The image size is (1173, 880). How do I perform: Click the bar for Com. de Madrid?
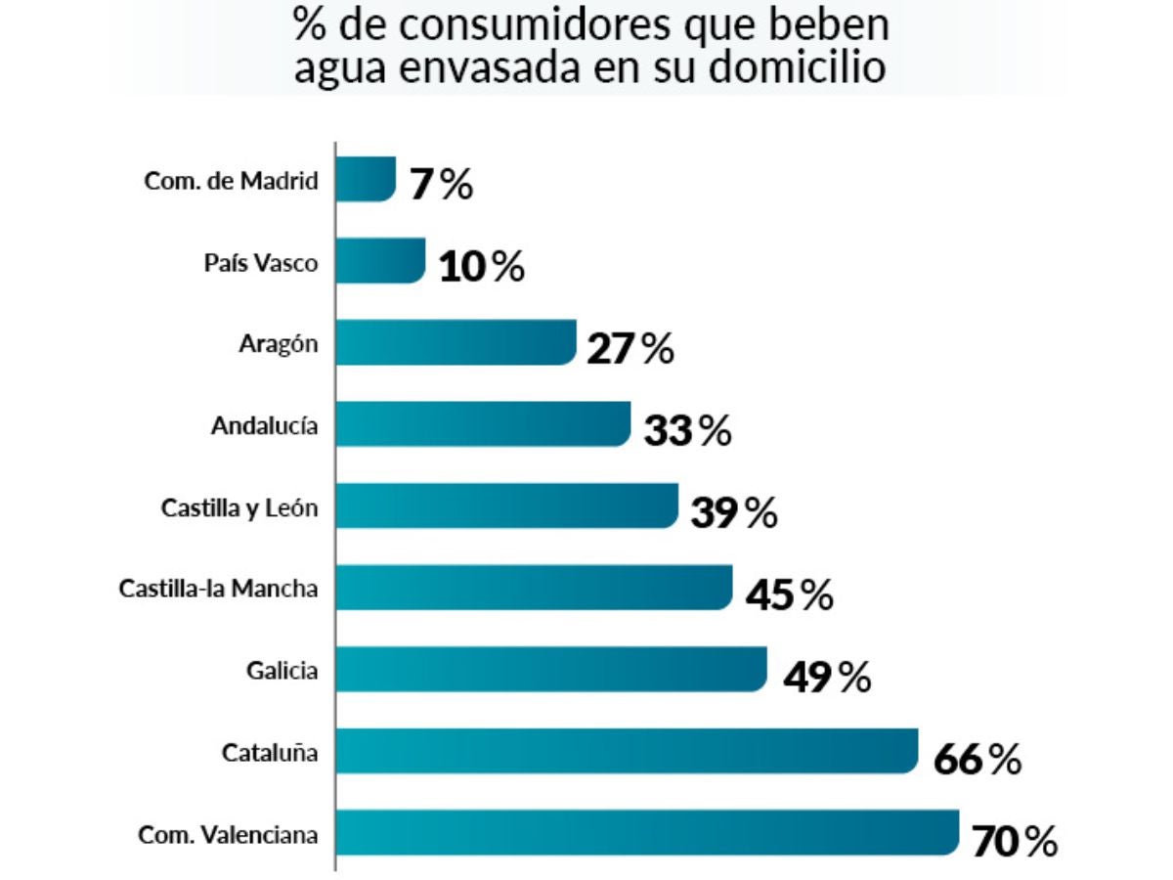click(366, 179)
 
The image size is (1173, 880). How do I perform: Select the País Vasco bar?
click(380, 261)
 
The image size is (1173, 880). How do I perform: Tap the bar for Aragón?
click(456, 342)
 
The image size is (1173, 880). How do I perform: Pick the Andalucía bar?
click(483, 424)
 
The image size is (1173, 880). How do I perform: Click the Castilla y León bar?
click(506, 506)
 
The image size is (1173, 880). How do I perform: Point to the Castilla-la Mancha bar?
click(534, 588)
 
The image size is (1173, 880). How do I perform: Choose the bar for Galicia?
click(551, 669)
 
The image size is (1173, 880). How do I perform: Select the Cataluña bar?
click(627, 751)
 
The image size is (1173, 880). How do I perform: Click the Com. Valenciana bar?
click(647, 833)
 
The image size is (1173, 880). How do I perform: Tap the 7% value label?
click(441, 184)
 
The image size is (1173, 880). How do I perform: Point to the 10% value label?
click(481, 266)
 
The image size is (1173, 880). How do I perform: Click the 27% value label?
click(630, 348)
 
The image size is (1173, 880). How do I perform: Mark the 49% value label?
click(826, 676)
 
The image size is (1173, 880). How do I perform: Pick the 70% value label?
click(1015, 841)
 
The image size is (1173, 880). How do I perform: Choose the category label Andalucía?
click(264, 425)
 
